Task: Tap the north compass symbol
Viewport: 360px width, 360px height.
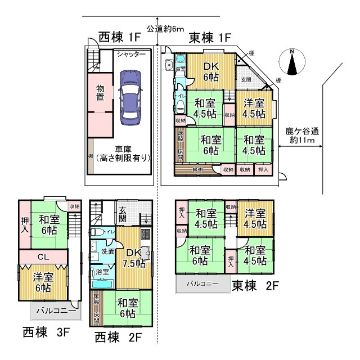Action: [x=291, y=63]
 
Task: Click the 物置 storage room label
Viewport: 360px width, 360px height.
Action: [x=100, y=93]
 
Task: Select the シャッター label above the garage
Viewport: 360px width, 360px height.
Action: [x=131, y=54]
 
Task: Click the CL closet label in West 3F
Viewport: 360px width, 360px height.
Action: [x=43, y=256]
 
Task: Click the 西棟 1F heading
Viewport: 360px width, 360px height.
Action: [x=119, y=38]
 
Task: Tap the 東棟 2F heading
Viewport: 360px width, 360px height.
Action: [x=255, y=286]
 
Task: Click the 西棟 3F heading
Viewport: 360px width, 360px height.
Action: [x=46, y=332]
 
